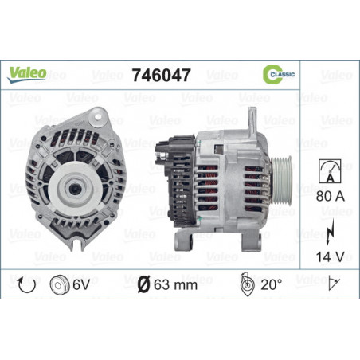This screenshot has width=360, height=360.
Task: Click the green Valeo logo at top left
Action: [x=27, y=74]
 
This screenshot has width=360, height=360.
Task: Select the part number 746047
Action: [x=162, y=75]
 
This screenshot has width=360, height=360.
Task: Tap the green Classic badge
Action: [x=279, y=74]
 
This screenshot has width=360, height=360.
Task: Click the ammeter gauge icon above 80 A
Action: [x=330, y=171]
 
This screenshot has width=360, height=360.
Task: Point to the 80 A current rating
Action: [x=331, y=196]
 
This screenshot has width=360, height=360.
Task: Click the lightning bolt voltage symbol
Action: [x=330, y=232]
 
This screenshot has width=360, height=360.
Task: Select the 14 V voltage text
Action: [x=330, y=256]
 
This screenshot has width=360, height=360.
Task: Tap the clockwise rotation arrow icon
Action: [x=26, y=285]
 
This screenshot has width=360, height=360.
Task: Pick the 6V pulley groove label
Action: [x=81, y=285]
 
